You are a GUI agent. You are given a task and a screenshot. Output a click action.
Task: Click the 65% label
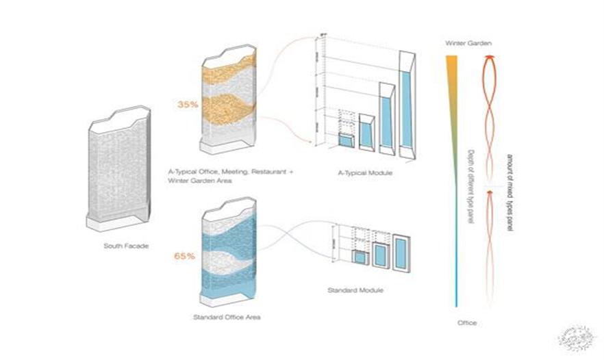point(185,256)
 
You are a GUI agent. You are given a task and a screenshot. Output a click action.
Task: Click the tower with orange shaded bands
point(227,99)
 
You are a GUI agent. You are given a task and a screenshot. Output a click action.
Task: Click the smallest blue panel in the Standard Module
point(359,259)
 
